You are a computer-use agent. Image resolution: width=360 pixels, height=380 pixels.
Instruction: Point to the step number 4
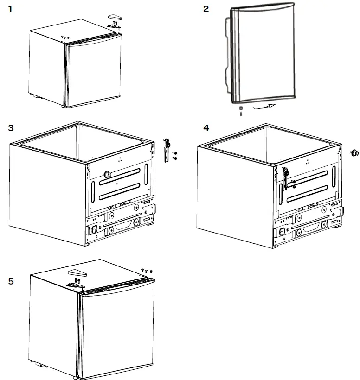coord(206,127)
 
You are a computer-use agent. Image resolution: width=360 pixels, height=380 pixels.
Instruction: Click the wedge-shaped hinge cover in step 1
coord(114,17)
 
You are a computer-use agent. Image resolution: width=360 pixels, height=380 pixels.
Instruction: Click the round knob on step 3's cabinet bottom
coord(107,173)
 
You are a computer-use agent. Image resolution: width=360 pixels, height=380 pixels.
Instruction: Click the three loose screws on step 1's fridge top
coord(65,37)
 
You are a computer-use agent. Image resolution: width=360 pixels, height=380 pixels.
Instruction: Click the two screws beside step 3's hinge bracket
coord(174,155)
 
